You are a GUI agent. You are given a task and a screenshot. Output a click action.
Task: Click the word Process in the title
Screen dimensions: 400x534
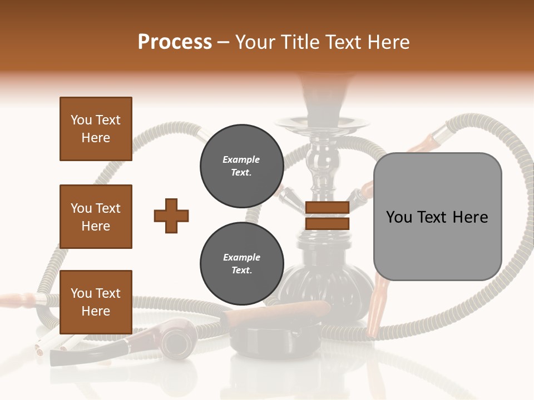[x=175, y=42]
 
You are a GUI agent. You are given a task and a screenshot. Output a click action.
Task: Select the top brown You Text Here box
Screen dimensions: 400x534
[x=96, y=129]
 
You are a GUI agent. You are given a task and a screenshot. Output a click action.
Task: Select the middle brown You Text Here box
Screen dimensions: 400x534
[x=96, y=217]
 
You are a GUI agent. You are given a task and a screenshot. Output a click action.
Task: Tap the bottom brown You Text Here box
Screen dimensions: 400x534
[x=96, y=302]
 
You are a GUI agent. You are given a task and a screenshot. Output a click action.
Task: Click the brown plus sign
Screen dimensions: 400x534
[x=171, y=216]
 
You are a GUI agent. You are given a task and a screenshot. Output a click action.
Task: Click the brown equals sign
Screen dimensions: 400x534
[x=327, y=216]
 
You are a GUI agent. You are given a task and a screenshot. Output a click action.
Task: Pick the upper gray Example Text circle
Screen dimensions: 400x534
[x=241, y=166]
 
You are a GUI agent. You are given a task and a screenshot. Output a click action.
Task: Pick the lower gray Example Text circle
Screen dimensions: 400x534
[x=241, y=264]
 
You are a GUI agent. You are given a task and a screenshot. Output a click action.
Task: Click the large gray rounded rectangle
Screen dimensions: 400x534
[x=437, y=217]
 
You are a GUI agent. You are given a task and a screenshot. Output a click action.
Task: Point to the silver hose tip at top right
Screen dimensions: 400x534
[x=442, y=132]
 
